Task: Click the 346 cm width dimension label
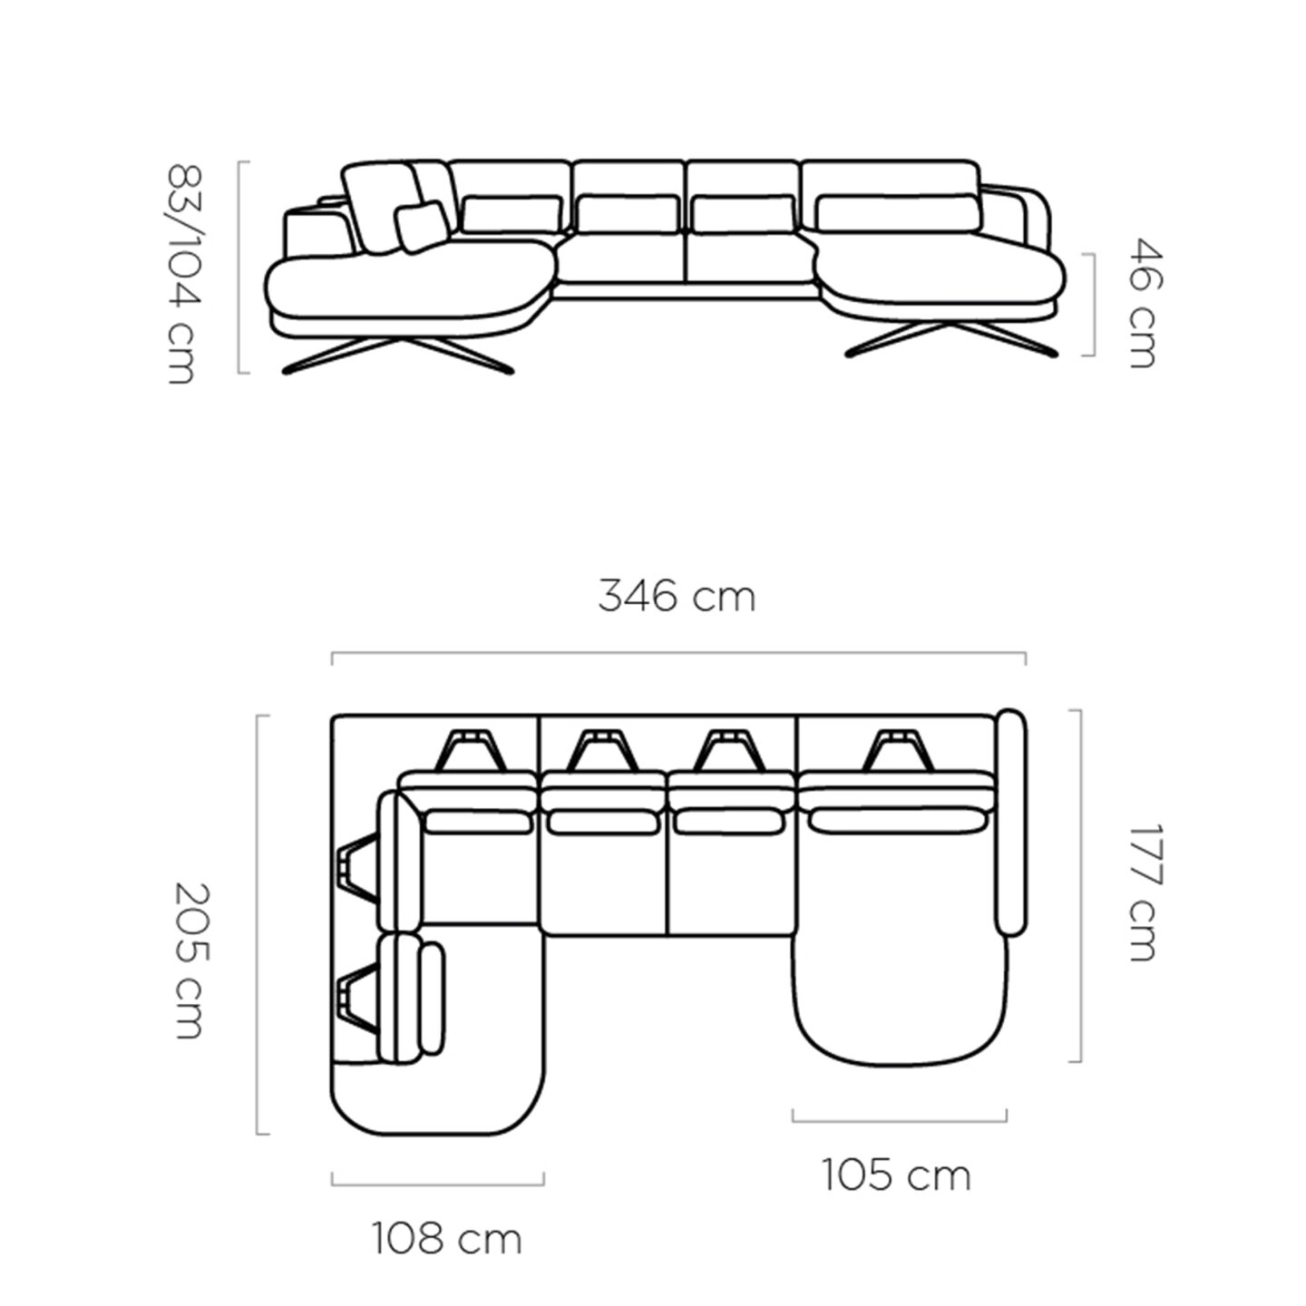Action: click(x=677, y=597)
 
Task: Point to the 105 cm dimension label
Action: click(x=897, y=1175)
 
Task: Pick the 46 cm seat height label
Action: click(x=1146, y=303)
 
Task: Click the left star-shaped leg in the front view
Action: click(x=398, y=355)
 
